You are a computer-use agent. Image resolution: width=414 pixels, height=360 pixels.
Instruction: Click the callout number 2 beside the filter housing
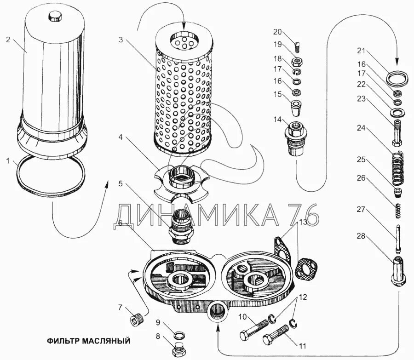point(8,40)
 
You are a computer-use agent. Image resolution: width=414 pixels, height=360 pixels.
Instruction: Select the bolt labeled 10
point(254,327)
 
